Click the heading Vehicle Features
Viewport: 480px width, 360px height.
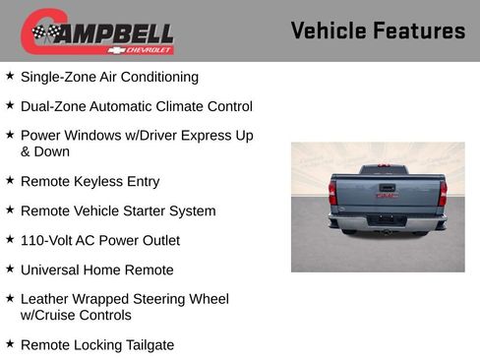pos(378,30)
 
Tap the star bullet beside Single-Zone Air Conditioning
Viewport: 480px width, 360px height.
pos(10,76)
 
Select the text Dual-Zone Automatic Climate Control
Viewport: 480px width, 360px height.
pos(136,106)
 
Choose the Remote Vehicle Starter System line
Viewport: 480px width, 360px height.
pos(117,210)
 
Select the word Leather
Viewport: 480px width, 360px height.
pos(45,299)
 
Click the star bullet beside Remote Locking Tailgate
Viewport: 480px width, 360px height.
pos(10,344)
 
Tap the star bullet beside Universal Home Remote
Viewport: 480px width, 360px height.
pos(10,269)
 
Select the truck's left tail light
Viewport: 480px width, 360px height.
pos(332,192)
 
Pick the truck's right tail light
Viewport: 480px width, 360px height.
pos(443,192)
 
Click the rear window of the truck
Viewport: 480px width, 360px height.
pos(384,170)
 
